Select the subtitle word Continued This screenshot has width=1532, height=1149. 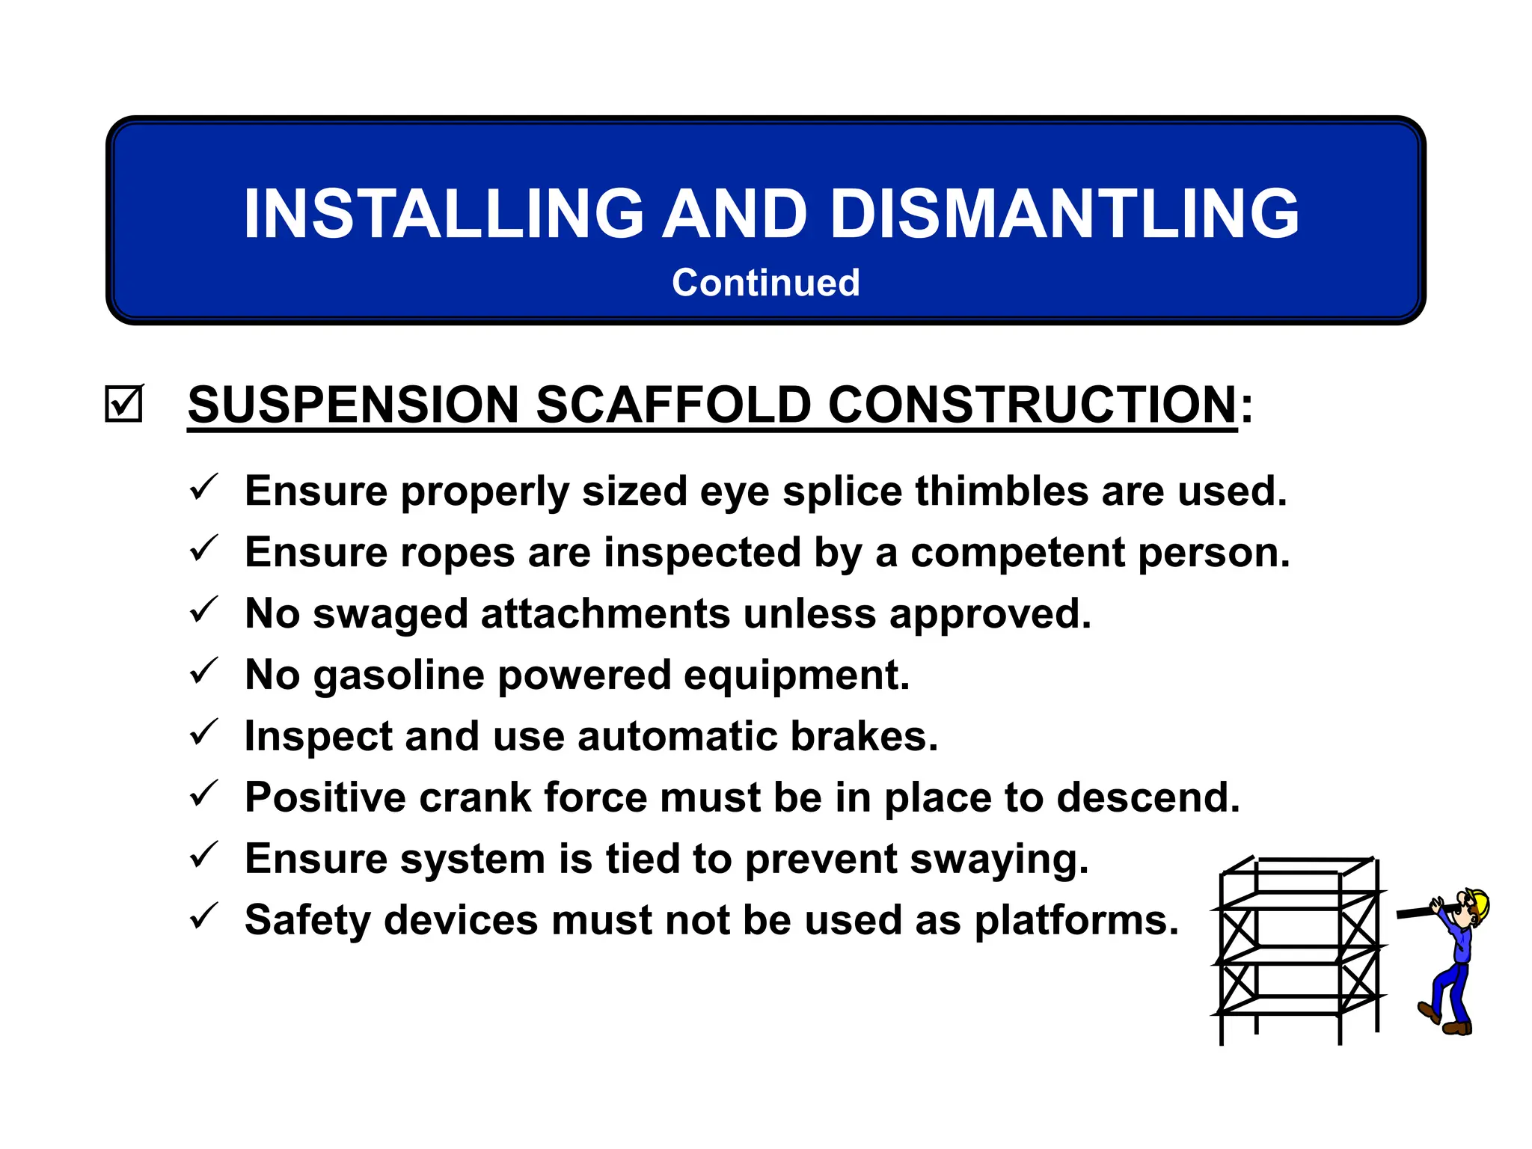pos(765,283)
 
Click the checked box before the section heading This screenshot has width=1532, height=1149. pos(123,404)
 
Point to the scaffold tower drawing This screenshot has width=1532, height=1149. pos(1298,950)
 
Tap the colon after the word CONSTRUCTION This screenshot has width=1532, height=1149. pos(1246,408)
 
